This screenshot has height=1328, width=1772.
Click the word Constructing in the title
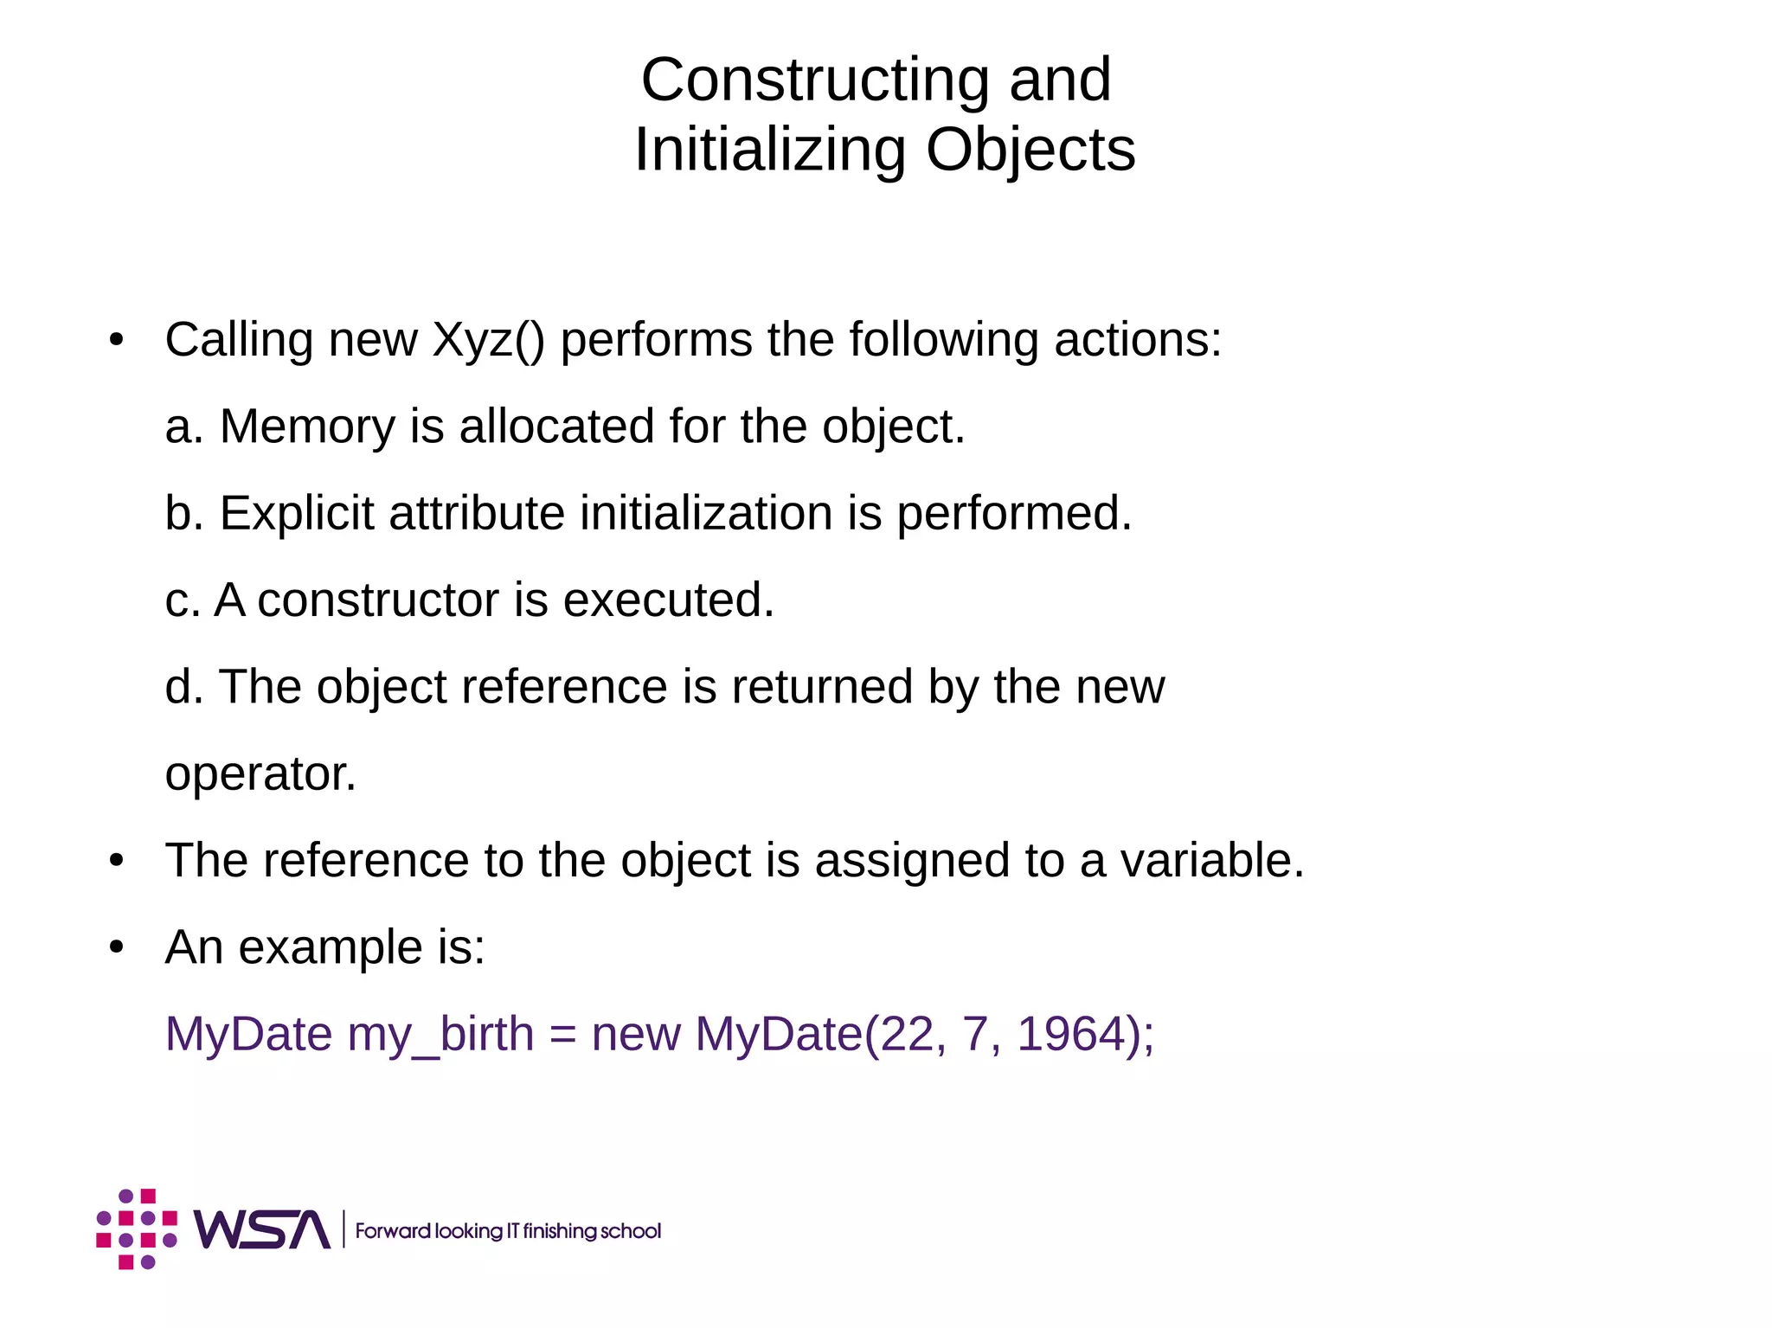pyautogui.click(x=815, y=80)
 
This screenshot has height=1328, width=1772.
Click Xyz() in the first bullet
pyautogui.click(x=488, y=340)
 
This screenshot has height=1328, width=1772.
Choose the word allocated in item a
pyautogui.click(x=556, y=427)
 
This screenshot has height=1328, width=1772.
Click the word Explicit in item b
pyautogui.click(x=296, y=514)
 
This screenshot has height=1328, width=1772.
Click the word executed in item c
pyautogui.click(x=668, y=600)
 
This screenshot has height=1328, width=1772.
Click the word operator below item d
pyautogui.click(x=260, y=774)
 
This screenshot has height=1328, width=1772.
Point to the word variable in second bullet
pyautogui.click(x=1211, y=861)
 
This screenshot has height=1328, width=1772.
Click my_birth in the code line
pyautogui.click(x=440, y=1035)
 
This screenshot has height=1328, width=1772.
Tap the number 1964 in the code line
pyautogui.click(x=1067, y=1035)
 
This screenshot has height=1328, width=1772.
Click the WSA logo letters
pyautogui.click(x=261, y=1229)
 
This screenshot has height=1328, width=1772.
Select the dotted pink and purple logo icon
pyautogui.click(x=137, y=1229)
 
